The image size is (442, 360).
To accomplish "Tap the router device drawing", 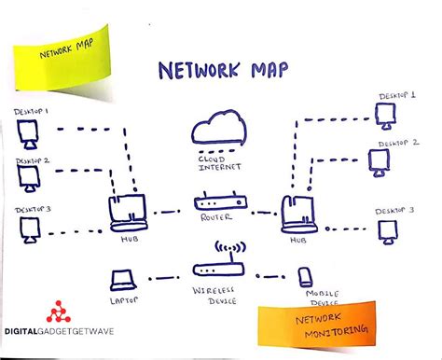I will (x=221, y=202).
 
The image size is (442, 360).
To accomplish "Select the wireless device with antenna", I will (x=221, y=266).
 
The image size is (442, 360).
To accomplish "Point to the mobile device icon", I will (x=305, y=278).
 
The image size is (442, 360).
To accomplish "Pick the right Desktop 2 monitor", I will (x=378, y=162).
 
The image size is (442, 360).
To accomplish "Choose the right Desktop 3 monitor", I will (x=384, y=228).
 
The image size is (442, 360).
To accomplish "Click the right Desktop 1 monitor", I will (x=383, y=114).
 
